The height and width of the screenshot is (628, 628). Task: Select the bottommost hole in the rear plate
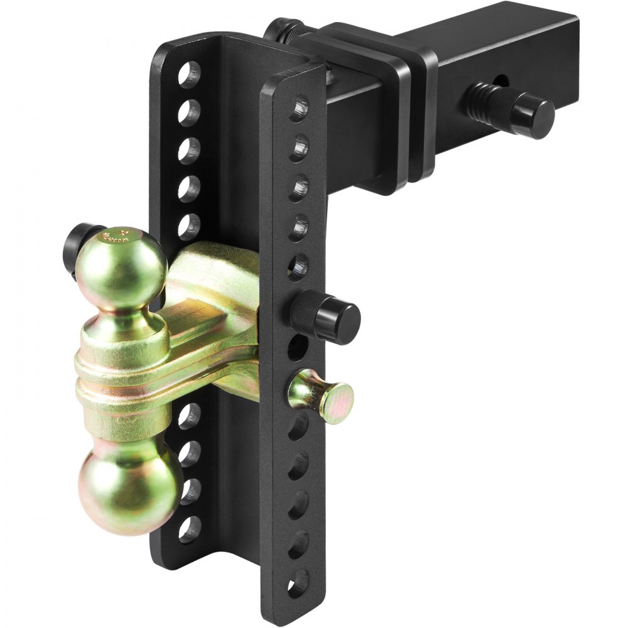189,529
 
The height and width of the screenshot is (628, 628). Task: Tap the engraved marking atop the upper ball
116,238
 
